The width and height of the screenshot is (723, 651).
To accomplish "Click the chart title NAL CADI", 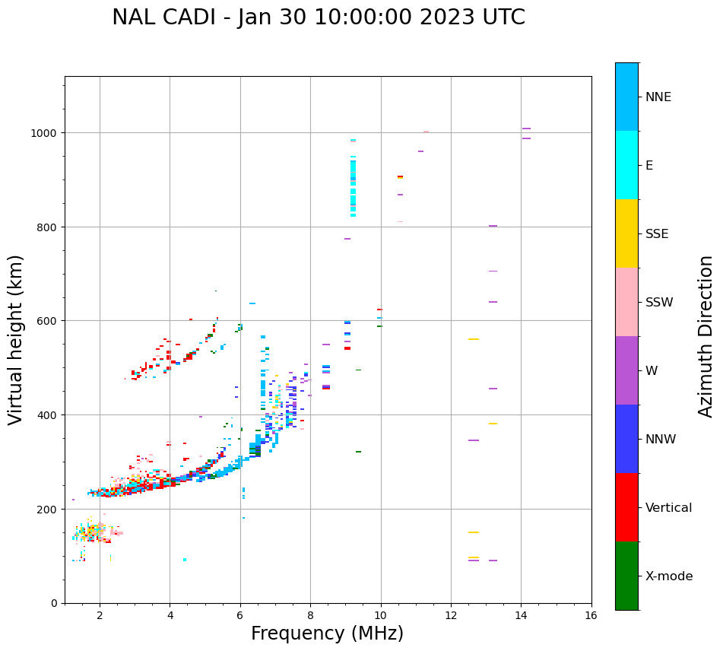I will click(x=318, y=17).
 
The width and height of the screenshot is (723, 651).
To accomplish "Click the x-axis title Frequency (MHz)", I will click(x=327, y=634).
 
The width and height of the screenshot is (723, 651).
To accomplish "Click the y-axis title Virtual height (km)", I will click(x=16, y=339).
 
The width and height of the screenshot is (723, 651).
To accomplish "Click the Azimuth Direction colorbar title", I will click(x=706, y=336).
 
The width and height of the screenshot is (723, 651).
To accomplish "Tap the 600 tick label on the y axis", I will click(x=50, y=321).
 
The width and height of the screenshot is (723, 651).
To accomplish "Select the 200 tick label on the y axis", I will click(x=50, y=509).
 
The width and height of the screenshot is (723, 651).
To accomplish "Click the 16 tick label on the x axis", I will click(x=591, y=616).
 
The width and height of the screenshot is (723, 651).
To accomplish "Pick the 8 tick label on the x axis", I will click(x=310, y=616).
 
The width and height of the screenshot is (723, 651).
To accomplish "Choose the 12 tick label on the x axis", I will click(x=451, y=616).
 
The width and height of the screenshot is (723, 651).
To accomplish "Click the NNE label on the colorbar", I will click(x=658, y=97).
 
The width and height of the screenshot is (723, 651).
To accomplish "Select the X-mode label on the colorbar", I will click(x=669, y=576).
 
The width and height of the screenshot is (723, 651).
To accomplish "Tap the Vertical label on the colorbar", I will click(x=669, y=508).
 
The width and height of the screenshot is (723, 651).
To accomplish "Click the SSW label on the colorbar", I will click(x=659, y=303).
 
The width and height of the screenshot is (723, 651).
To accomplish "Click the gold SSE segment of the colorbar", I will click(x=626, y=233).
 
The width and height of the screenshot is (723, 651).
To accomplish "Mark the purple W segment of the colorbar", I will click(x=626, y=370).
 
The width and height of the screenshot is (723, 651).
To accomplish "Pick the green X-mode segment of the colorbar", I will click(x=626, y=576).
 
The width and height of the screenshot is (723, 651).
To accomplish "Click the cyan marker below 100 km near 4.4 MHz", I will click(x=185, y=560).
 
